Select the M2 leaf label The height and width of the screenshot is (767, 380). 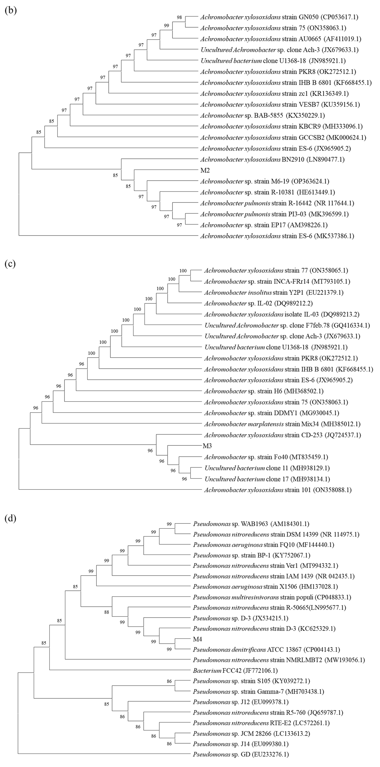[205, 170]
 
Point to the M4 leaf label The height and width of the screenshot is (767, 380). [197, 639]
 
